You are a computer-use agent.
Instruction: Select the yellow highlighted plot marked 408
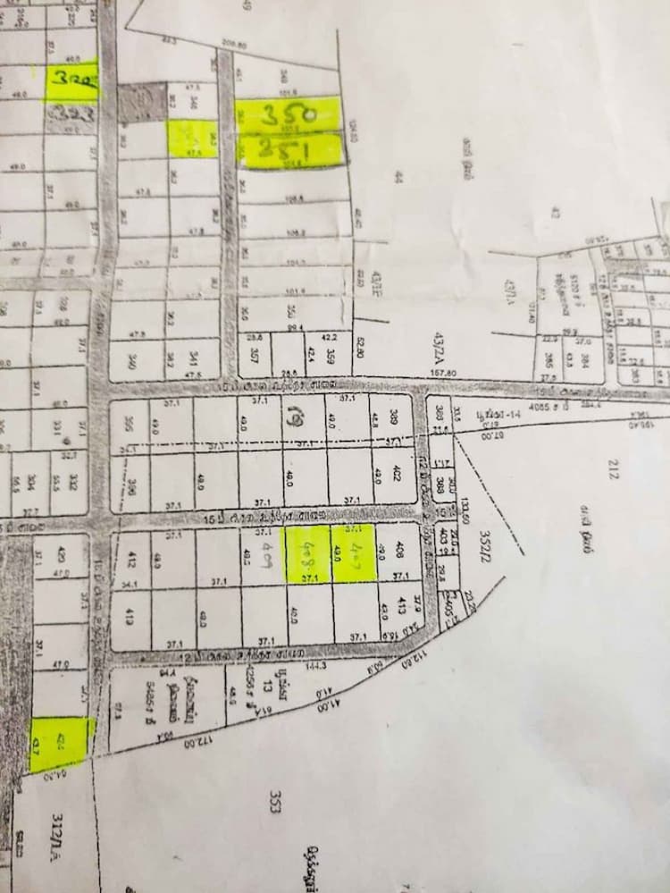click(x=307, y=554)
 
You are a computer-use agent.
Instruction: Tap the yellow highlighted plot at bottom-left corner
click(x=61, y=742)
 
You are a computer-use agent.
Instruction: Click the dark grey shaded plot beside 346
click(x=142, y=103)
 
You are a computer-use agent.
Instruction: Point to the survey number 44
click(x=398, y=179)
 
